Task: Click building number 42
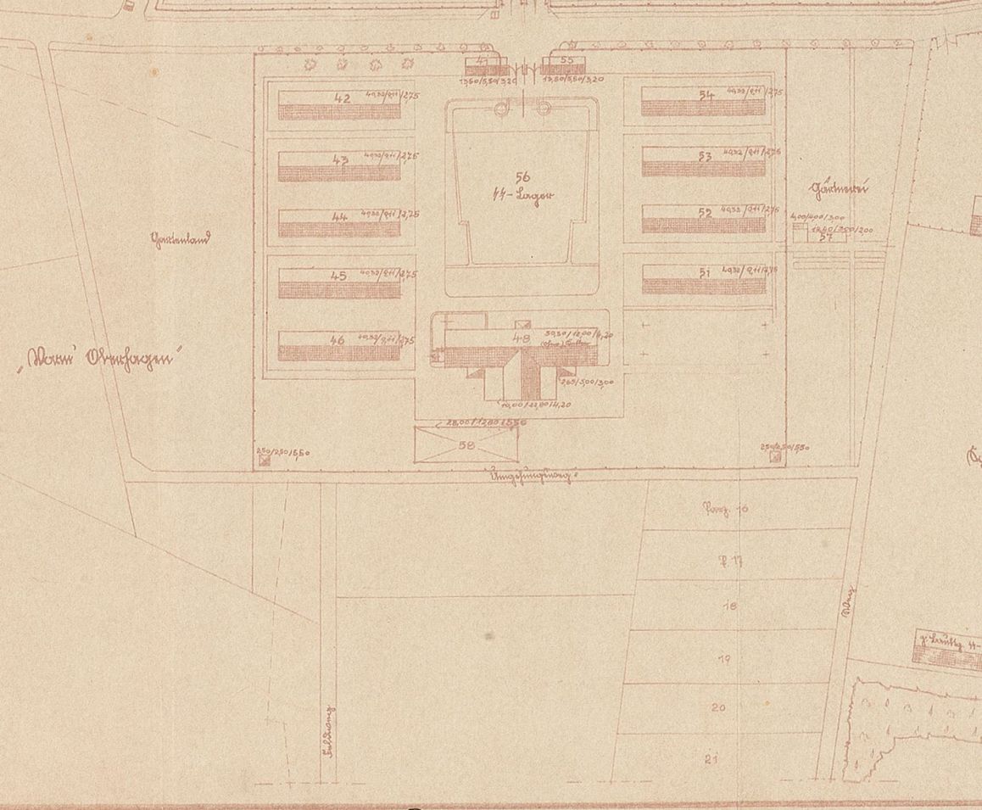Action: coord(343,98)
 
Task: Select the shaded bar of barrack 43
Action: coord(339,173)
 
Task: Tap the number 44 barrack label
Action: coord(340,217)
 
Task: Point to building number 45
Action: coord(339,276)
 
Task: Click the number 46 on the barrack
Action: coord(338,339)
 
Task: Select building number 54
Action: coord(706,96)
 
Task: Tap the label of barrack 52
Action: coord(706,213)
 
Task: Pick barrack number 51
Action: coord(705,272)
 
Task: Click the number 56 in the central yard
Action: coord(522,176)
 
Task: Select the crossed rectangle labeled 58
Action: coord(466,444)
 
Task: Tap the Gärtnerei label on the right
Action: coord(840,190)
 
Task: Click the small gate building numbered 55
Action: coord(567,61)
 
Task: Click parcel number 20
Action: coord(718,707)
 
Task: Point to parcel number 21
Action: coord(711,759)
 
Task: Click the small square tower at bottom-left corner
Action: coord(265,461)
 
